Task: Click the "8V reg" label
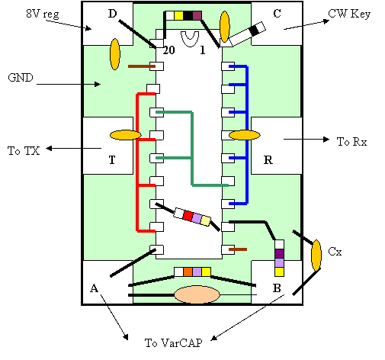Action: (43, 14)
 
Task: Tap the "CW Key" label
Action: (349, 14)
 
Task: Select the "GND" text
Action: (21, 78)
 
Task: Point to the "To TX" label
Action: (24, 150)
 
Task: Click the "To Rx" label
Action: (351, 142)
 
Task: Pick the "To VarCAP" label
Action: (174, 342)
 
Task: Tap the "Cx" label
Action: (335, 252)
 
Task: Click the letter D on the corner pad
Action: (112, 14)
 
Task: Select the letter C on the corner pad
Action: (277, 14)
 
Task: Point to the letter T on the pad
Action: (112, 160)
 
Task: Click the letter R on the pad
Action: (268, 160)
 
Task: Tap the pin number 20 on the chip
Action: (168, 50)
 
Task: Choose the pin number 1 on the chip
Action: (202, 50)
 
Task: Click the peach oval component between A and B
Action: (197, 294)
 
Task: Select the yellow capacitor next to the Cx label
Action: (316, 256)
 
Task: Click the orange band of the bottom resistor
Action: (188, 272)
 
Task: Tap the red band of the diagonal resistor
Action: (188, 216)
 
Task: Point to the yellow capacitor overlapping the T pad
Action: (125, 135)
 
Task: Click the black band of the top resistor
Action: (188, 15)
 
